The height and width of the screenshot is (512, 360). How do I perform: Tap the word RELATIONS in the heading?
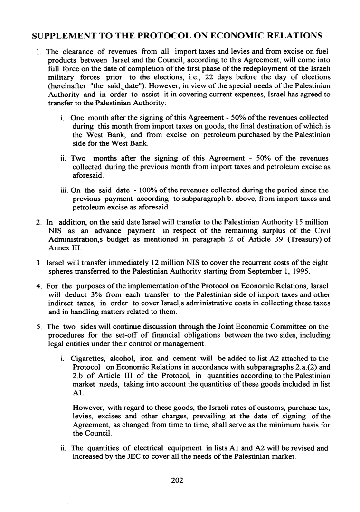293,36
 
